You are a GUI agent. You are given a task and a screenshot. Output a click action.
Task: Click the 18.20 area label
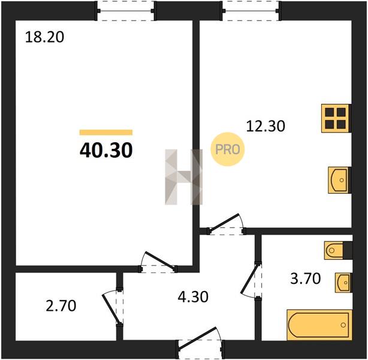click(44, 37)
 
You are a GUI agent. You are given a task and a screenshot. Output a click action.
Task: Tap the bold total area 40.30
click(106, 150)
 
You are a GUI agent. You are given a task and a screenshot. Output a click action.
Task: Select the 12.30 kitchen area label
click(266, 126)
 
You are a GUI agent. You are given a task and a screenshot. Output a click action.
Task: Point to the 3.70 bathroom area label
click(305, 278)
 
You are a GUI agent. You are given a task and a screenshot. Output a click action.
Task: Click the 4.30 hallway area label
click(193, 296)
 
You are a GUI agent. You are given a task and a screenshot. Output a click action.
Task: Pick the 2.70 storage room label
click(61, 306)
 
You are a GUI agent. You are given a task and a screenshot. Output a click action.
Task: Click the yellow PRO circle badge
click(227, 149)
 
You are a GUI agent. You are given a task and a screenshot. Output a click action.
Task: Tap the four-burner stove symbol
click(336, 118)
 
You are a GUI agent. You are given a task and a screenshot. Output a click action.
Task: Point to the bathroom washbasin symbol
click(343, 283)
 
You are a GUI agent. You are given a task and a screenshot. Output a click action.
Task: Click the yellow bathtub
click(319, 325)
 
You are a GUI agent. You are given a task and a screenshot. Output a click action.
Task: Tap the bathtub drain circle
click(343, 325)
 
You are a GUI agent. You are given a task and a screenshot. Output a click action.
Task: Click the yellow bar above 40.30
click(106, 132)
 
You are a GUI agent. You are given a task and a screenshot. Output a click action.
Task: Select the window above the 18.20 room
click(126, 11)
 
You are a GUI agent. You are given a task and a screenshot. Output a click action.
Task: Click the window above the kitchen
click(251, 11)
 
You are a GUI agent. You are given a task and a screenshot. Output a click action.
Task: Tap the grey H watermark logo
click(183, 177)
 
